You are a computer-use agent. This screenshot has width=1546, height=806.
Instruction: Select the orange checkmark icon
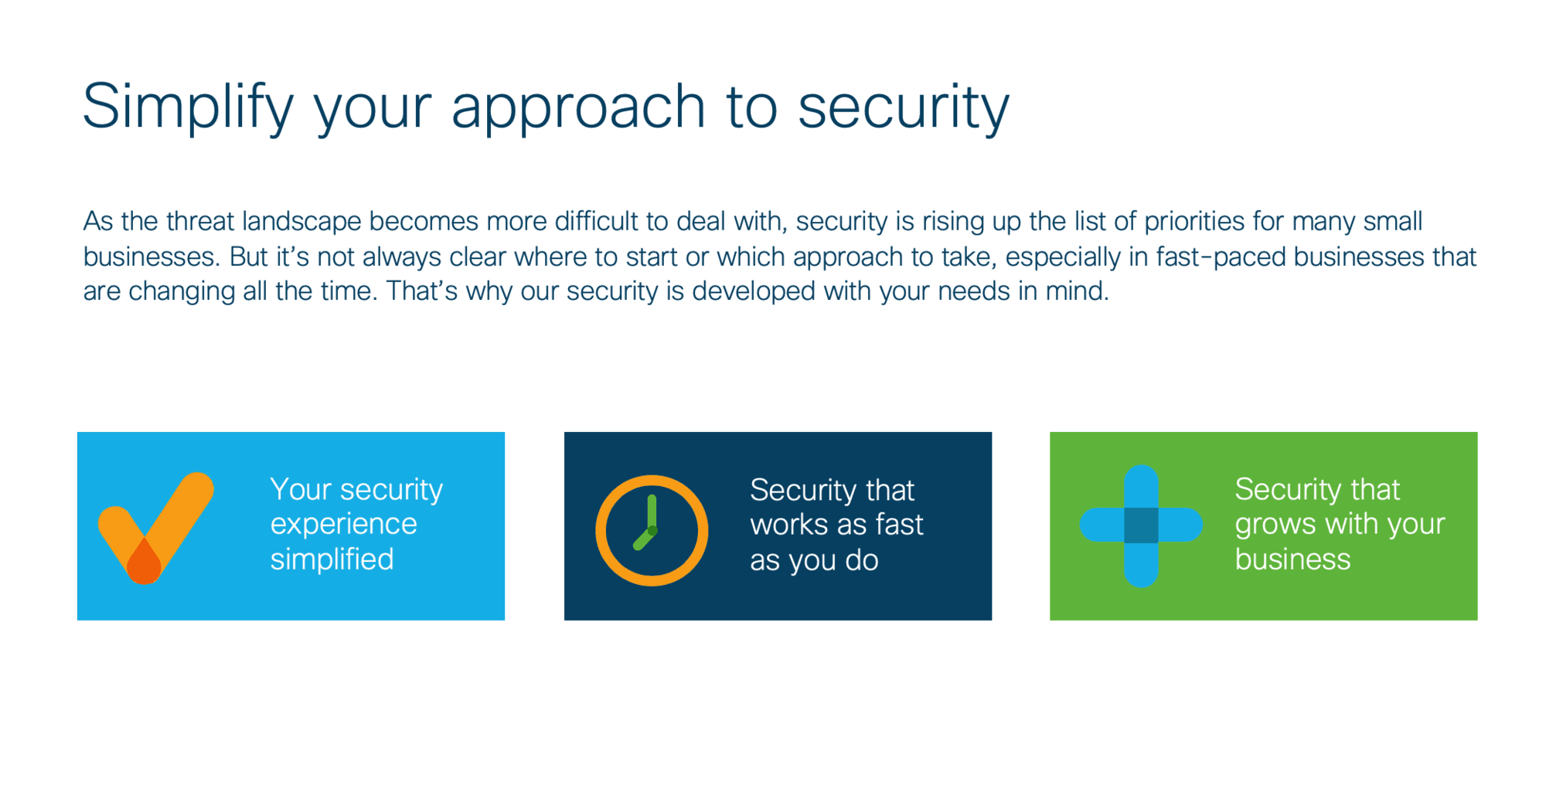coord(156,529)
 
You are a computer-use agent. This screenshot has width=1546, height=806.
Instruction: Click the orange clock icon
coord(652,530)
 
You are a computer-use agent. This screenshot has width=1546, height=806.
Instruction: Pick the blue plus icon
coord(1141,525)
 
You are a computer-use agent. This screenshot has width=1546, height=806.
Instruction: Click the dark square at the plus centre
coord(1141,525)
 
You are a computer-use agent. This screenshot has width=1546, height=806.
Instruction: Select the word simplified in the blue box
coord(332,559)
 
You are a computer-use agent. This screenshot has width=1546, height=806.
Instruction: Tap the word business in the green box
coord(1292,559)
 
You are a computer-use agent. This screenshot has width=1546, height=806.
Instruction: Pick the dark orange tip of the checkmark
coord(144,563)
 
